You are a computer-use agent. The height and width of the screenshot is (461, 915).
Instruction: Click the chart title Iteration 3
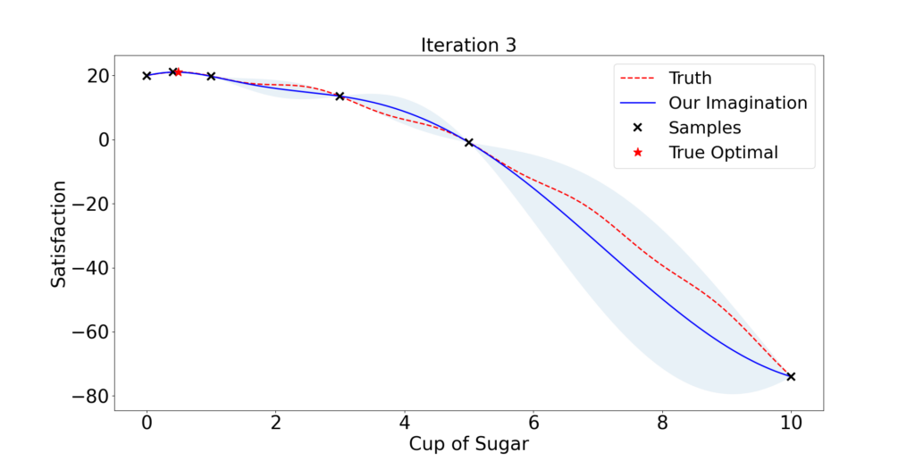coord(468,45)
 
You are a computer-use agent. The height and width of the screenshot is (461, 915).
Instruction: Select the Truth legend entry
coord(666,78)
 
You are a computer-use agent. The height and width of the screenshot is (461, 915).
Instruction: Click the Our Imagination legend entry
coord(713,103)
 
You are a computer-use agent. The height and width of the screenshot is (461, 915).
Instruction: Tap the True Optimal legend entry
coord(706,152)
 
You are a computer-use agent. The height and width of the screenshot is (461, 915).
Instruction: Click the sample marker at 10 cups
coord(791,377)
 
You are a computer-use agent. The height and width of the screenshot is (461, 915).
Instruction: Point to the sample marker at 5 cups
coord(468,142)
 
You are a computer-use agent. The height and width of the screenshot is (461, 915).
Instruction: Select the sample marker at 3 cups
coord(340,96)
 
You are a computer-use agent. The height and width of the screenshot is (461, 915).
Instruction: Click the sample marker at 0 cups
coord(147,76)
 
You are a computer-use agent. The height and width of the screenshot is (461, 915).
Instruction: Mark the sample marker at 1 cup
coord(211,77)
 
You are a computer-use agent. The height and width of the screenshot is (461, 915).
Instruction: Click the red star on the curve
coord(179,71)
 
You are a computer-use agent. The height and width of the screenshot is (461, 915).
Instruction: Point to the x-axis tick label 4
coord(405,423)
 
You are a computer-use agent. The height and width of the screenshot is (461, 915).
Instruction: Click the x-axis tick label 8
coord(662,423)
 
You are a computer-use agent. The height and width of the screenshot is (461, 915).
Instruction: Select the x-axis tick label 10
coord(791,423)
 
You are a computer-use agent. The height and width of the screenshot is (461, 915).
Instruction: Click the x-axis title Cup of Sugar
coord(468,444)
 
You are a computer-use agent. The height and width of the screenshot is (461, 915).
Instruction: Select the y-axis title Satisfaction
coord(58,233)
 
